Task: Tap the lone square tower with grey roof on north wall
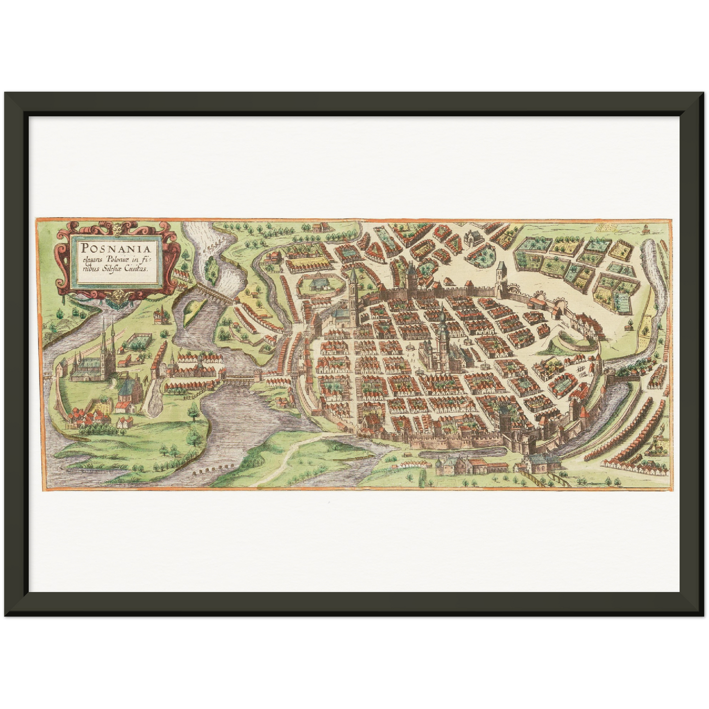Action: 500,278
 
